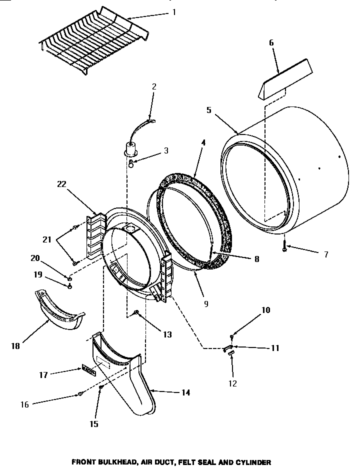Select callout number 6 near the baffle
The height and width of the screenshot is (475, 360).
point(271,43)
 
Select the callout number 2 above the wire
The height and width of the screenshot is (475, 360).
point(154,86)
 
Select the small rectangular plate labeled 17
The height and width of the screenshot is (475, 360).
point(88,370)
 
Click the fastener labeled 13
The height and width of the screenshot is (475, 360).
point(135,313)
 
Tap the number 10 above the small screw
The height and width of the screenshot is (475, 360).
point(265,310)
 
